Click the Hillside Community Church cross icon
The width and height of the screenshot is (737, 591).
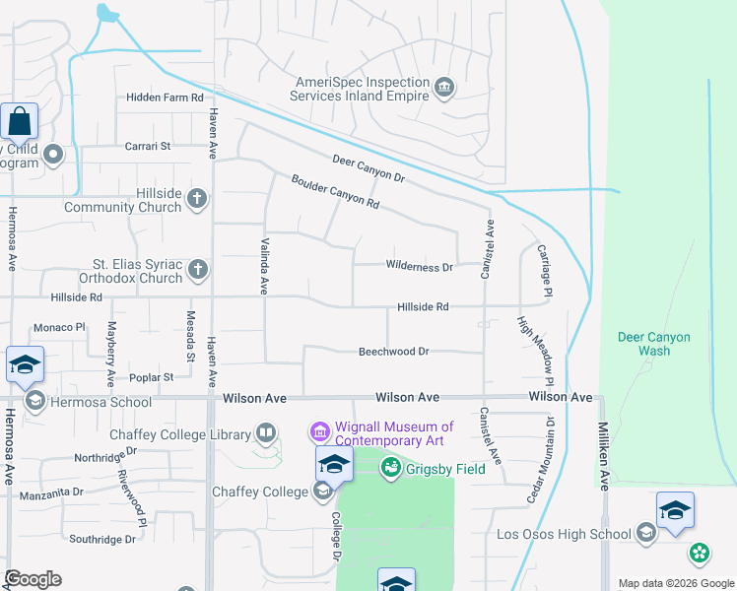pos(197,198)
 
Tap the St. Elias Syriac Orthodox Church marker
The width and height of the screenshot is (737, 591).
pos(197,269)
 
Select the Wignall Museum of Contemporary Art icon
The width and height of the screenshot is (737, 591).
pos(318,431)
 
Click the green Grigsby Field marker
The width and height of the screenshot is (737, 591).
pos(391,467)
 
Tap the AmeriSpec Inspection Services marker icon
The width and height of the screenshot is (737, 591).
pos(444,89)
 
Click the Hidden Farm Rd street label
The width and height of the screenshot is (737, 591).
pos(165,98)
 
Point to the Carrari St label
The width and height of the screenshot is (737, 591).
pos(148,146)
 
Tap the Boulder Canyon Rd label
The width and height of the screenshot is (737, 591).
pos(335,191)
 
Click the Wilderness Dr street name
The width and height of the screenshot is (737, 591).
pos(419,267)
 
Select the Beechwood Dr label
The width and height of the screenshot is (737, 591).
pos(394,351)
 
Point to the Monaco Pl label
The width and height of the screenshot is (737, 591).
pos(60,327)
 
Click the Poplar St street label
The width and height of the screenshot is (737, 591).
pos(151,377)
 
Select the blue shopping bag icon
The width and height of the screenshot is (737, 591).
pos(19,122)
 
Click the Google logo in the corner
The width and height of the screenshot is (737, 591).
pos(32,578)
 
